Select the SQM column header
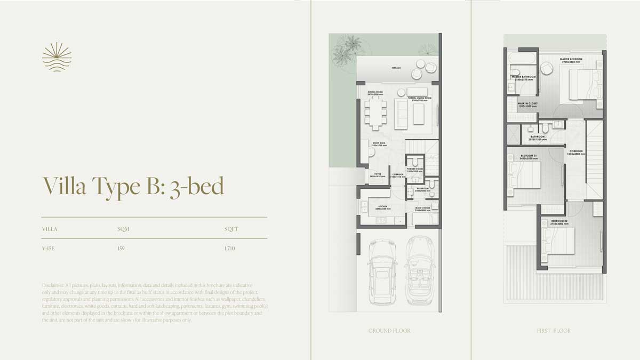[x=123, y=229]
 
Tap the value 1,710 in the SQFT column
[x=230, y=249]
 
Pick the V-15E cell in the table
[x=49, y=249]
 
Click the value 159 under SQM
[x=121, y=249]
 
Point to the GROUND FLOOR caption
[x=389, y=331]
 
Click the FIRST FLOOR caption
[x=554, y=331]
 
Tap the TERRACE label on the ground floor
[x=396, y=68]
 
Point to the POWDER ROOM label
[x=414, y=170]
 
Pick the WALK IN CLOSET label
[x=527, y=105]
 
